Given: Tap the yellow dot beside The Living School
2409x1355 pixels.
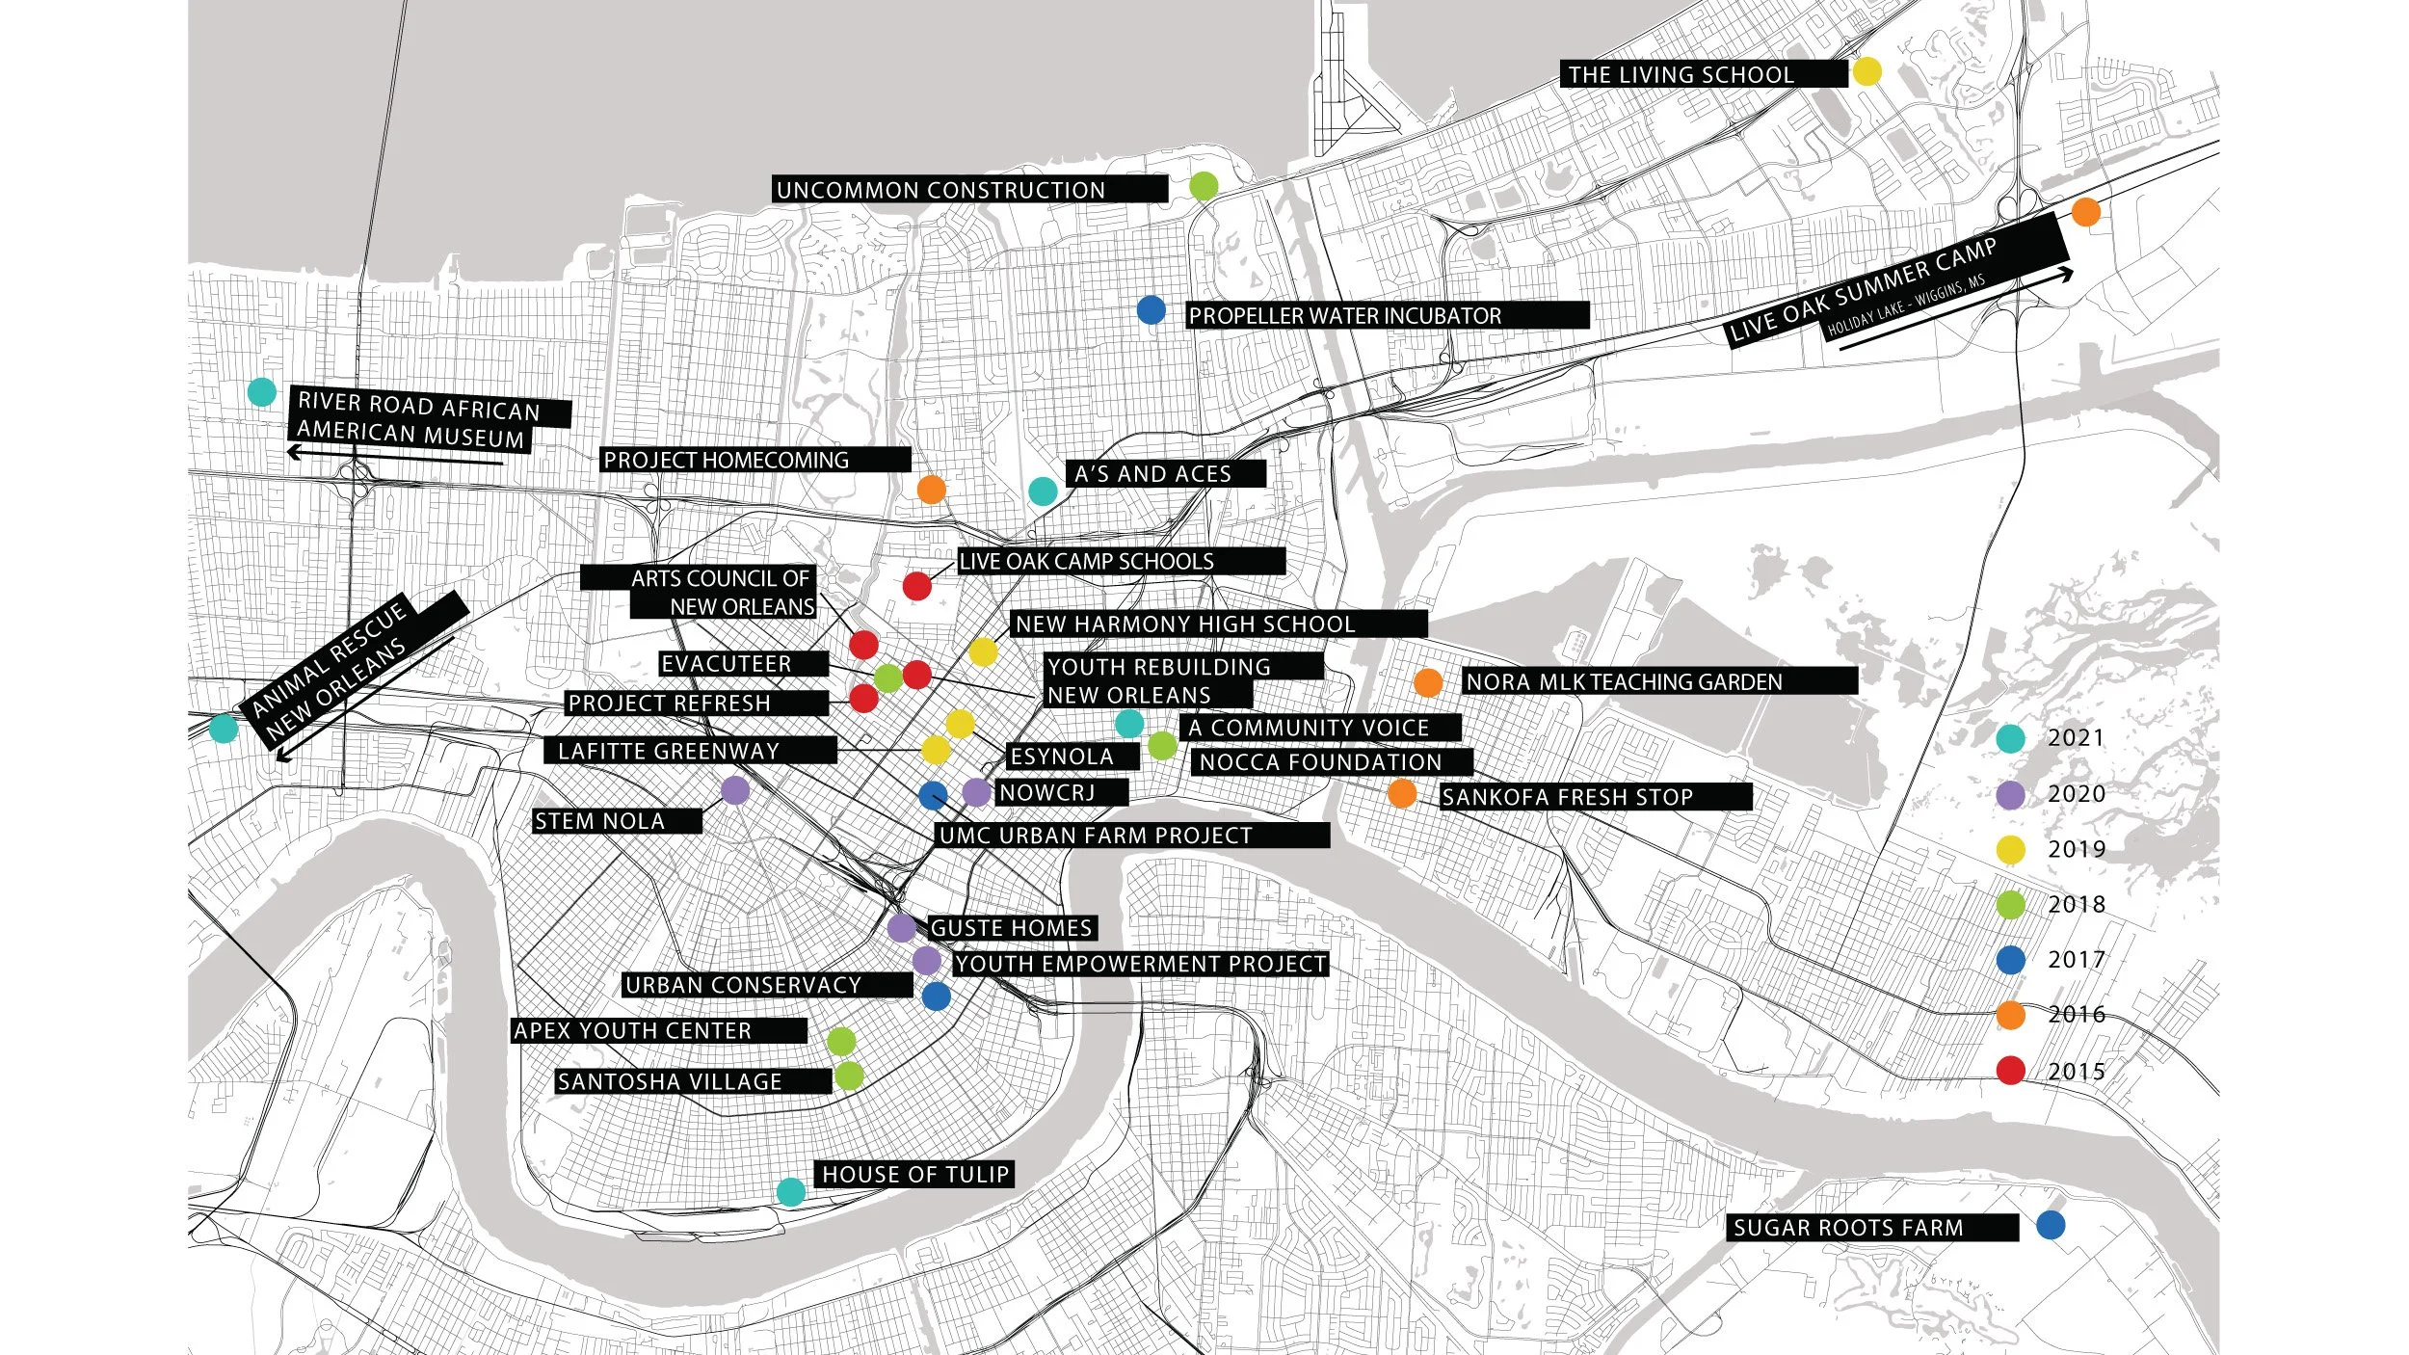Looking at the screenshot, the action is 1866,71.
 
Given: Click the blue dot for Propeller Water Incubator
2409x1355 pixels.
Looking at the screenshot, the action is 1151,310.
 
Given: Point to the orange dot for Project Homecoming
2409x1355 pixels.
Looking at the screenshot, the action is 931,490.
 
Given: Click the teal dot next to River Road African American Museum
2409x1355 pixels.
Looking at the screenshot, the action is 262,392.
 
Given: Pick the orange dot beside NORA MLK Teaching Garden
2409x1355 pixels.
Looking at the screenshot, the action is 1428,682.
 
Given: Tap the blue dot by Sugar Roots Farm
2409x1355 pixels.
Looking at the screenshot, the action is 2051,1225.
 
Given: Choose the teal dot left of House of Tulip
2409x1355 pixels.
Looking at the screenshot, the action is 791,1192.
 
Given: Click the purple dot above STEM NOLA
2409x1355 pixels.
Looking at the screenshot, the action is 735,790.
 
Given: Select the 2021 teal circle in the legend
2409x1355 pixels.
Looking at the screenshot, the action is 2010,739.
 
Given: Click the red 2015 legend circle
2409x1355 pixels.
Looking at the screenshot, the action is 2010,1071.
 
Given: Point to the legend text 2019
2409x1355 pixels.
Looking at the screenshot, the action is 2077,849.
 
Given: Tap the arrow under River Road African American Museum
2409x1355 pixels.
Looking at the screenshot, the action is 395,457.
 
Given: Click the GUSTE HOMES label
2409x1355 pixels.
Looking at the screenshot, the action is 1012,928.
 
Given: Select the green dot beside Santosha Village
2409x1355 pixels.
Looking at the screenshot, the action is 849,1076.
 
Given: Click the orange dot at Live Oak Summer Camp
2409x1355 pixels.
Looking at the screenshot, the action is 2085,212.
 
